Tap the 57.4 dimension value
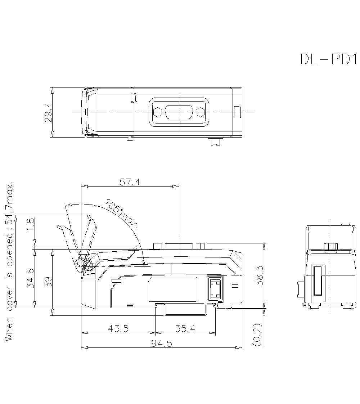pyautogui.click(x=130, y=182)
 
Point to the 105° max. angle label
pyautogui.click(x=122, y=214)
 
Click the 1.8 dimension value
pyautogui.click(x=31, y=225)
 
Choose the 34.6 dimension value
pyautogui.click(x=31, y=278)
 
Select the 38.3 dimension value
pyautogui.click(x=259, y=276)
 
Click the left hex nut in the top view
pyautogui.click(x=157, y=112)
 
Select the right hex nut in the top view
pyautogui.click(x=200, y=112)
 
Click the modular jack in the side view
pyautogui.click(x=215, y=289)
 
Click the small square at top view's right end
pyautogui.click(x=237, y=112)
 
